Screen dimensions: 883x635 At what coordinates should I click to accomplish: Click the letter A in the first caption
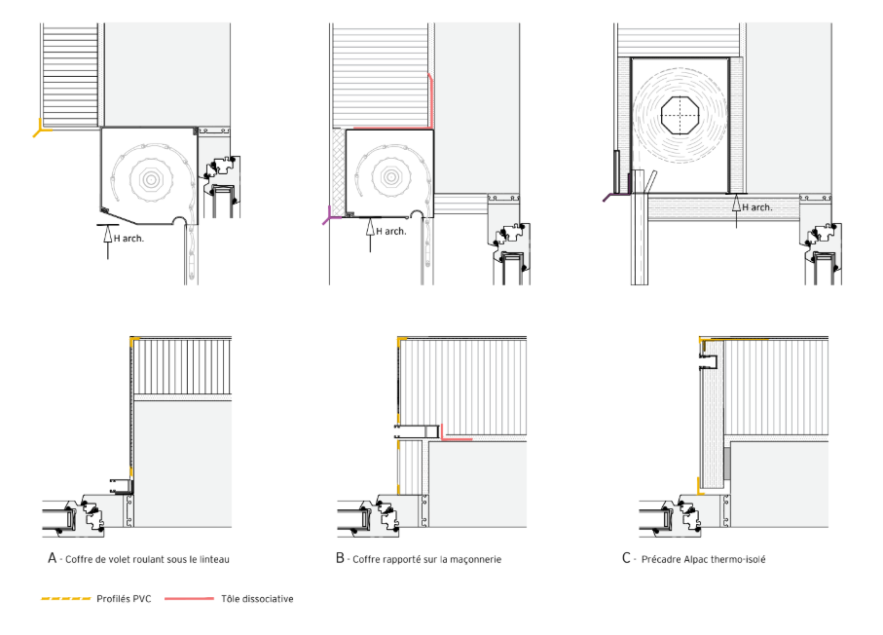coord(53,558)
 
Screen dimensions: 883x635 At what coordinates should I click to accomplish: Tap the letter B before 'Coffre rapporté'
coord(340,558)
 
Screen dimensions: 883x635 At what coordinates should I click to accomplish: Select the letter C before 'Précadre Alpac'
coord(626,558)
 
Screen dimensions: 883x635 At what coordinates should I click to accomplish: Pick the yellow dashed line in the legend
coord(66,598)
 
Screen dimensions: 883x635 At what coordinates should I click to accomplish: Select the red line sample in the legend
coord(189,598)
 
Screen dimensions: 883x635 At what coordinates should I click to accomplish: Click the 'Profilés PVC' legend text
coord(124,598)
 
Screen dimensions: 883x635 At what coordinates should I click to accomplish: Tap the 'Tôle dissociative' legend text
coord(257,598)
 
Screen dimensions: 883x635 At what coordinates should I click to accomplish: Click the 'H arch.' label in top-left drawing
coord(129,239)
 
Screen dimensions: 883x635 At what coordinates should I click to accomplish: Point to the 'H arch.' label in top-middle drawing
coord(391,231)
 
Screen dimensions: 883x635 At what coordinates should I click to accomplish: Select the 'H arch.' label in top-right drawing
coord(756,207)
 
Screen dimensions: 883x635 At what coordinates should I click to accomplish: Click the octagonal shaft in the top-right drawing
coord(680,116)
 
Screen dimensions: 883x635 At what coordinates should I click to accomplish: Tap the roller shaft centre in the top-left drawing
coord(150,179)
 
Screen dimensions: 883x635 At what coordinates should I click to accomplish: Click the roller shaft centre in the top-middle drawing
coord(390,177)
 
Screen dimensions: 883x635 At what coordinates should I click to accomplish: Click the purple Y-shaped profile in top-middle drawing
coord(331,216)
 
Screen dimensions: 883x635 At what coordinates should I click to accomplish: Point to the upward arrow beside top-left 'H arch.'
coord(107,242)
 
